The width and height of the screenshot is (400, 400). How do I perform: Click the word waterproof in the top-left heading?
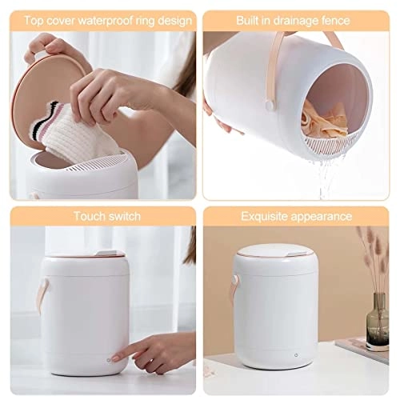point(106,21)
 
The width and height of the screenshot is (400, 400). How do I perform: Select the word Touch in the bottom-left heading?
point(87,216)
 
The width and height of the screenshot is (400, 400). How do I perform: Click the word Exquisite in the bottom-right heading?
point(264,216)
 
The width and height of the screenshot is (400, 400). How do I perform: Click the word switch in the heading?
point(122,216)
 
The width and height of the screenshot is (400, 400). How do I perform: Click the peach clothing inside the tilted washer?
point(322,120)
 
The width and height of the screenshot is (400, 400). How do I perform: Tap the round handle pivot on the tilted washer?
point(270,104)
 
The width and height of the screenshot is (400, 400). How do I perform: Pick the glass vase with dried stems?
point(377,322)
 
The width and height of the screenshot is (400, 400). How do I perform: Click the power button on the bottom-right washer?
point(296,355)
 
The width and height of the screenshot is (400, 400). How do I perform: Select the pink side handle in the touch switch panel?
point(42,294)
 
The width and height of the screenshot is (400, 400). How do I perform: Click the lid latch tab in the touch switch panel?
point(106,253)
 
